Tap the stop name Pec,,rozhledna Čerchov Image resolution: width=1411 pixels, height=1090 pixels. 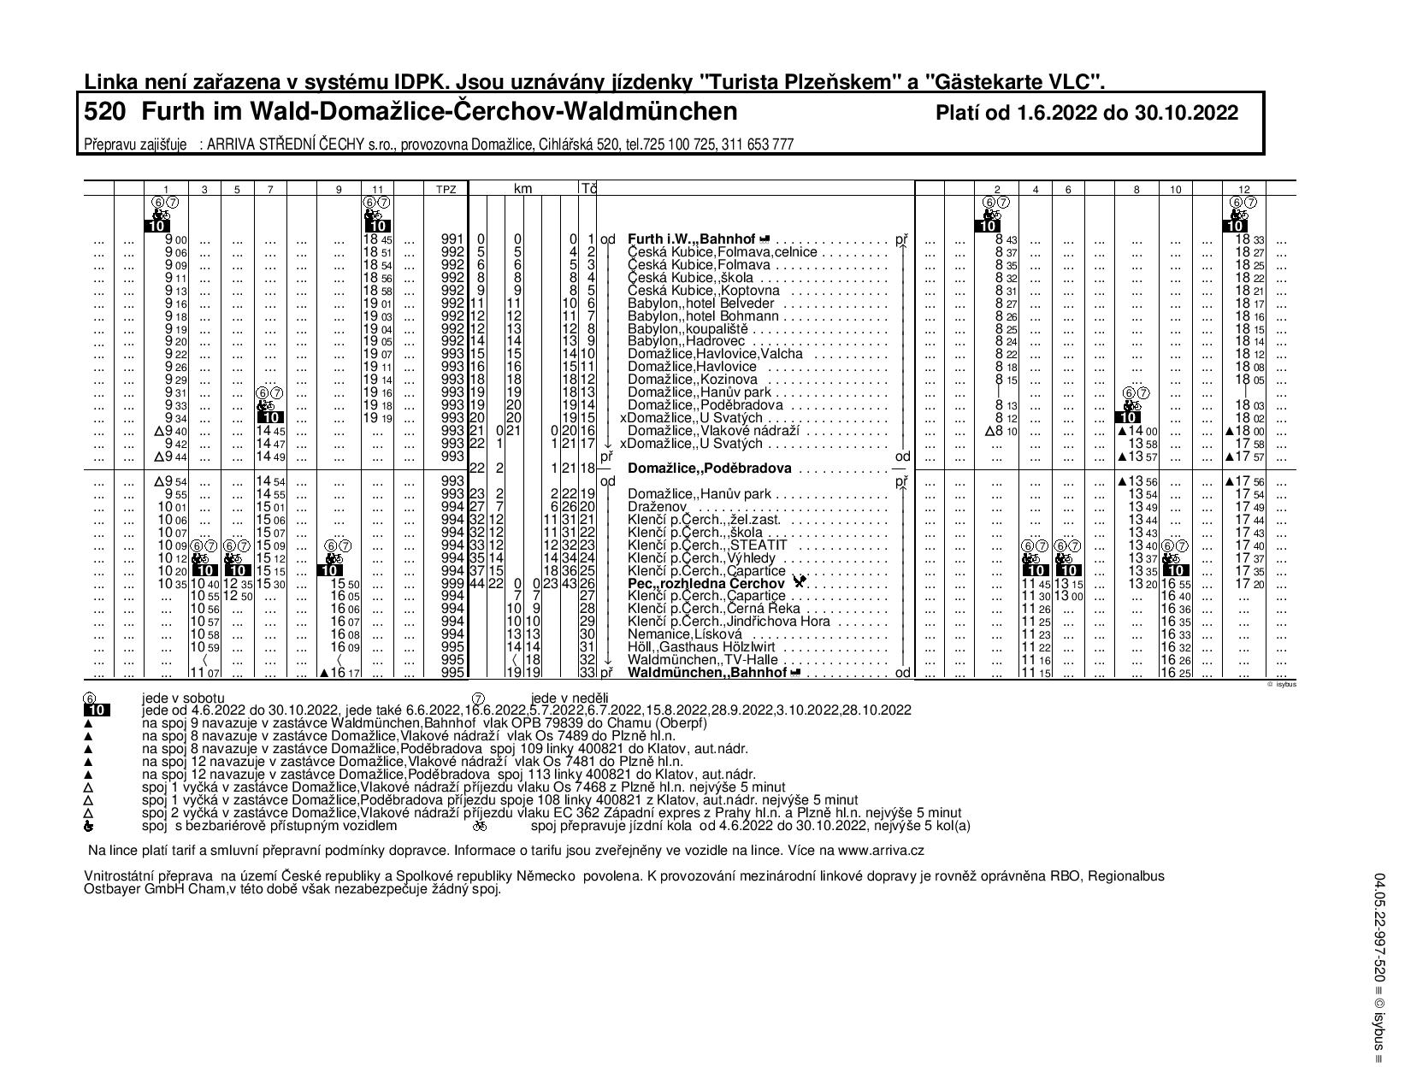706,584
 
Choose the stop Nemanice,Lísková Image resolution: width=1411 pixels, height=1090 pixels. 684,634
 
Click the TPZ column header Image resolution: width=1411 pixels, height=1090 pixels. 446,189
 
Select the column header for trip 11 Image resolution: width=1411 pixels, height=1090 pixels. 377,189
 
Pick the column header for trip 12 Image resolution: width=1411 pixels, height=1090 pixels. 1244,189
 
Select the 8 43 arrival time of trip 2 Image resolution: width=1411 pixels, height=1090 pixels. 1004,240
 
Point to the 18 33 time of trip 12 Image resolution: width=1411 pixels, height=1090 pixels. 1249,240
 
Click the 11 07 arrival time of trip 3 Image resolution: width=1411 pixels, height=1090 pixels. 204,674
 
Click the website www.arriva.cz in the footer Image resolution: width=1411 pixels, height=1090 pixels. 882,851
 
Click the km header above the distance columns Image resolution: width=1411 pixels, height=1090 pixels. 522,188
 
